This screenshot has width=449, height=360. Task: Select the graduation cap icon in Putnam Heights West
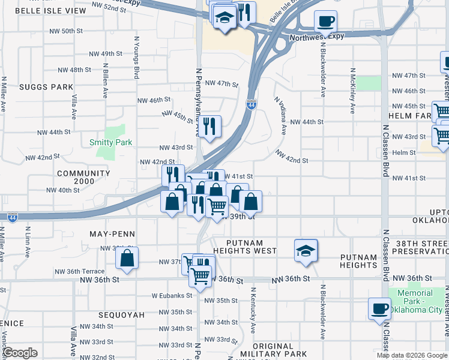pyautogui.click(x=306, y=250)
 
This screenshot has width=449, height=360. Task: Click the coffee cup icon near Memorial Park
pyautogui.click(x=379, y=308)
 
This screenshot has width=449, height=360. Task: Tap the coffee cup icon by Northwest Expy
pyautogui.click(x=325, y=21)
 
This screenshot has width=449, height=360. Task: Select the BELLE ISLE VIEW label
pyautogui.click(x=50, y=11)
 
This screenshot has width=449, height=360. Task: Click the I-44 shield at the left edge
pyautogui.click(x=12, y=218)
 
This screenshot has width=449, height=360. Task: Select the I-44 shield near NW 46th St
pyautogui.click(x=251, y=104)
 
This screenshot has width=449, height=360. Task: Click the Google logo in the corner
pyautogui.click(x=20, y=353)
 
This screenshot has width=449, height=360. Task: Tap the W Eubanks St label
pyautogui.click(x=172, y=295)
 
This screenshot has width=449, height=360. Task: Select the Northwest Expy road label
pyautogui.click(x=318, y=37)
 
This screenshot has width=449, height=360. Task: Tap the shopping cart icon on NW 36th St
pyautogui.click(x=199, y=276)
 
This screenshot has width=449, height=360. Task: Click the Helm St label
pyautogui.click(x=405, y=153)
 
